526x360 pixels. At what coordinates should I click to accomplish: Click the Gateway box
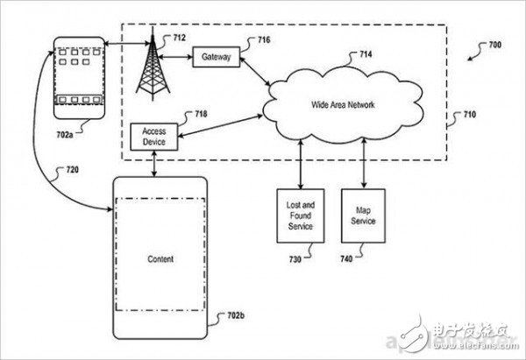pos(217,57)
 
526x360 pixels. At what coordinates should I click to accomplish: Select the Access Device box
pos(154,137)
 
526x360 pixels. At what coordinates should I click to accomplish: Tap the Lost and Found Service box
pos(300,215)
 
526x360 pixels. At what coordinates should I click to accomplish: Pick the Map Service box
pos(363,215)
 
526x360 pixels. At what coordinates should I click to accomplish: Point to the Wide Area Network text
pos(343,105)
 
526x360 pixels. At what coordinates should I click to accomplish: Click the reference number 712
pos(179,38)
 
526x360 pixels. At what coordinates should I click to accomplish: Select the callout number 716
pos(264,40)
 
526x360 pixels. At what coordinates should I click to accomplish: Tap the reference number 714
pos(366,54)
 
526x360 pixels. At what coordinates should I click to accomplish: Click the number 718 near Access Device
pos(201,114)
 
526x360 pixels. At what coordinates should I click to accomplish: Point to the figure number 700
pos(495,45)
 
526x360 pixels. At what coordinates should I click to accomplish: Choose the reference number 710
pos(470,115)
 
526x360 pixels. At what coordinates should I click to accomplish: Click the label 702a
pos(65,135)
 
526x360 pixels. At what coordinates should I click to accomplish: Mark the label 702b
pos(236,315)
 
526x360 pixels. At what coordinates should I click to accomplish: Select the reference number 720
pos(73,170)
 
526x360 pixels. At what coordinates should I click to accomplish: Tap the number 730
pos(295,259)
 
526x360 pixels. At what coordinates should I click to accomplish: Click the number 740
pos(346,258)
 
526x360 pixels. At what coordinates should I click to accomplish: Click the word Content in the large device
pos(160,259)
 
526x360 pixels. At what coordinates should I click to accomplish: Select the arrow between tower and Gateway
pos(174,57)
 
